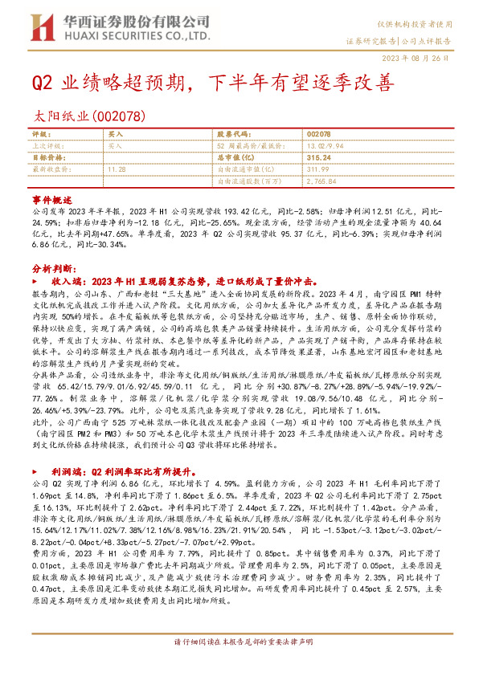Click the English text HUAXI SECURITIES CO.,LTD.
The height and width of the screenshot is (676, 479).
(117, 37)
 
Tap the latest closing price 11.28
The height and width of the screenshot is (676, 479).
(117, 169)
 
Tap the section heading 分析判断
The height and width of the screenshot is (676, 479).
(55, 268)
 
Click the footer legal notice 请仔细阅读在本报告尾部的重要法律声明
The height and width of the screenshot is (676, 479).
(239, 663)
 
